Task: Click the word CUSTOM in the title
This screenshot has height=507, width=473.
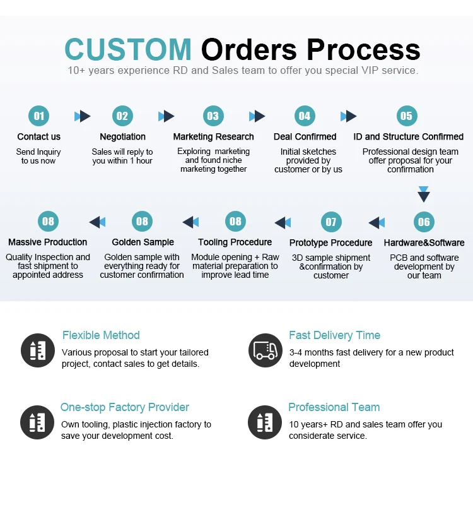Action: click(x=128, y=50)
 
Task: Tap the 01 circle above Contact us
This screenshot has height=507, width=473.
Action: click(x=39, y=116)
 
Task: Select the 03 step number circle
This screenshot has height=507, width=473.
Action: click(x=213, y=116)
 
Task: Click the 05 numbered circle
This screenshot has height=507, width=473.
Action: click(x=407, y=116)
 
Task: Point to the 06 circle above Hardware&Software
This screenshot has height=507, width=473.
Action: click(x=424, y=222)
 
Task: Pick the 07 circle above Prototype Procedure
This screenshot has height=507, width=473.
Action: click(x=331, y=222)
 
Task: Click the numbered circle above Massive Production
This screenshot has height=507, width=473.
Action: click(x=48, y=221)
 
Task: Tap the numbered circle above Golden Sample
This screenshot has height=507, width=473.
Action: click(x=143, y=221)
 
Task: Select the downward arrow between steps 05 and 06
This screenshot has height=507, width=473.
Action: click(x=424, y=193)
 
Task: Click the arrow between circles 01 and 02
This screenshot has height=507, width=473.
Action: click(x=82, y=116)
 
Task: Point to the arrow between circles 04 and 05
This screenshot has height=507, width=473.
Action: click(x=348, y=116)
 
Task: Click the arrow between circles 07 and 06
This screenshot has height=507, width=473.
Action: click(x=377, y=222)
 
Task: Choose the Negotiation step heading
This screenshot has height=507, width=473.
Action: click(x=122, y=136)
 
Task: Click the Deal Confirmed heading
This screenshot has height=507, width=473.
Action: click(x=305, y=136)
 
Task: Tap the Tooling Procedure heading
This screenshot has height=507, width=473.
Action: click(x=235, y=242)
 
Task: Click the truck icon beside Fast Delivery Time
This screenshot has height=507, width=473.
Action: click(x=265, y=350)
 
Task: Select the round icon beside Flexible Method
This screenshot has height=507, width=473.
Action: click(x=38, y=350)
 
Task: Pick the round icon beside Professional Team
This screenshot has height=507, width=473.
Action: click(x=265, y=422)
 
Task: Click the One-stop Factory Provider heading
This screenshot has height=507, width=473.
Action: click(x=125, y=407)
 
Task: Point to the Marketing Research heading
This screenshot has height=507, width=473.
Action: click(x=214, y=136)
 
